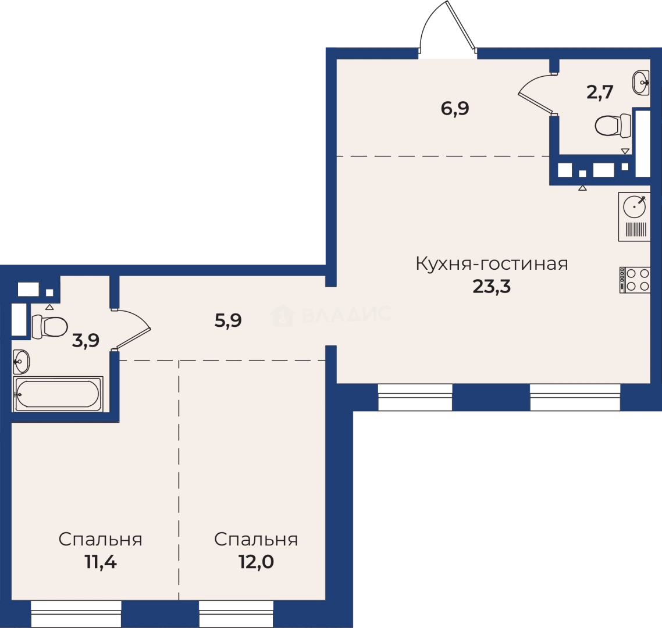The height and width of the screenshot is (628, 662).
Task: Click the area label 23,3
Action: tap(492, 286)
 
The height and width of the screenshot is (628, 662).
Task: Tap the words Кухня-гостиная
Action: tap(492, 263)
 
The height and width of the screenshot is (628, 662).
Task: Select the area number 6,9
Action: tap(455, 109)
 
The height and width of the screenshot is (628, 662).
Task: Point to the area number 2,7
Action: tap(600, 92)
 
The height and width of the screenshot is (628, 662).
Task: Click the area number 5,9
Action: tap(228, 321)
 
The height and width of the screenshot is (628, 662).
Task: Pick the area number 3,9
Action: tap(86, 340)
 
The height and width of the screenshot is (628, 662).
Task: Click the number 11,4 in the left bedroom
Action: tap(101, 562)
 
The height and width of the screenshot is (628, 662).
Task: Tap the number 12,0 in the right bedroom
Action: tap(257, 562)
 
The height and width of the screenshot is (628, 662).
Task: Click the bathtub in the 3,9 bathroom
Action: tap(58, 394)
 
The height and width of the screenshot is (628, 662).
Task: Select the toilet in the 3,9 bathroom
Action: tap(49, 327)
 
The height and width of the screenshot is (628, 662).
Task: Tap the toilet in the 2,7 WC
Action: tap(613, 125)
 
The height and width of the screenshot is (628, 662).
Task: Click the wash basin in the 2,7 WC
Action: tap(641, 83)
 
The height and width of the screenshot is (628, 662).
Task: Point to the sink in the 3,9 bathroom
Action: tap(22, 362)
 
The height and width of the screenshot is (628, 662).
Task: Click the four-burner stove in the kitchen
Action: tap(635, 280)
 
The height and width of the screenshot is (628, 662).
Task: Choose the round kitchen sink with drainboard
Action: tap(634, 217)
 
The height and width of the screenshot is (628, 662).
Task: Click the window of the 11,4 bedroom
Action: tap(76, 613)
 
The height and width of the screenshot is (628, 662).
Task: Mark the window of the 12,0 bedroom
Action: tap(236, 613)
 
